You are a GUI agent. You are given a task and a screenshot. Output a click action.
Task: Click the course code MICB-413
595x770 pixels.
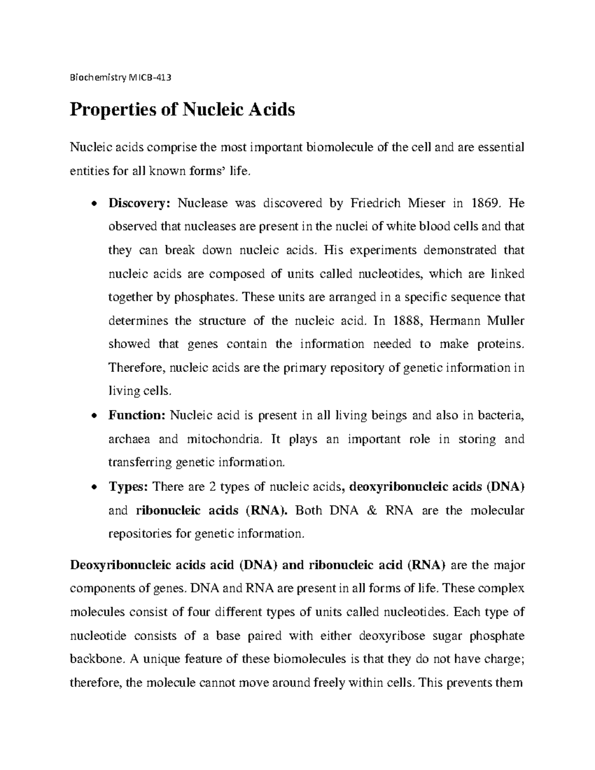(x=149, y=78)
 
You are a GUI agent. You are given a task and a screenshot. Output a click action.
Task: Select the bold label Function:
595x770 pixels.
(x=136, y=415)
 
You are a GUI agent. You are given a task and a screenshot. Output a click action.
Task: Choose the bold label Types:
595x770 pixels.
(x=128, y=486)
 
